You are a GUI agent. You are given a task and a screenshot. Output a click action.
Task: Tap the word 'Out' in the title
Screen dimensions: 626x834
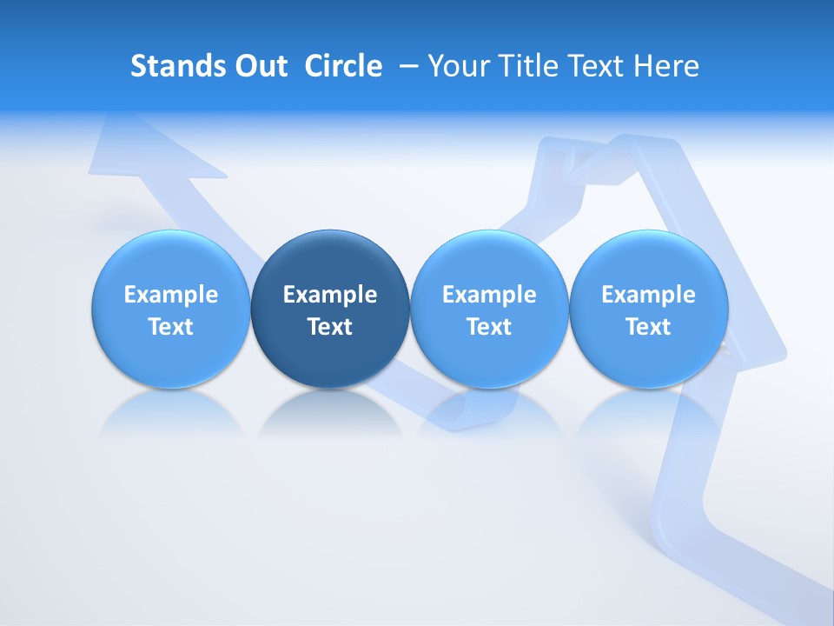click(259, 66)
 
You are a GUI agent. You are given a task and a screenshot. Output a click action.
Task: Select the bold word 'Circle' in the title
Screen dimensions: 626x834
click(343, 66)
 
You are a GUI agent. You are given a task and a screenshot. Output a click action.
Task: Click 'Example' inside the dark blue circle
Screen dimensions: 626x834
click(330, 295)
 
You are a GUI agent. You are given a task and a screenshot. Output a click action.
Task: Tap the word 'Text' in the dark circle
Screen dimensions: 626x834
click(330, 327)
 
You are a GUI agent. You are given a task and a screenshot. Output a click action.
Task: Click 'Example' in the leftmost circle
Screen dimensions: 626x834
click(171, 295)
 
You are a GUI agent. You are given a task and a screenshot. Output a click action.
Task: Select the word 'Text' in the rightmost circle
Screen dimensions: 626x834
click(648, 327)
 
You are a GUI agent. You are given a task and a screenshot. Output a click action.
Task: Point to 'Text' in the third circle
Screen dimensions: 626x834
click(489, 327)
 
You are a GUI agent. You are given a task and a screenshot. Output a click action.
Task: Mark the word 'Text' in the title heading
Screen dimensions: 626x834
click(599, 66)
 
